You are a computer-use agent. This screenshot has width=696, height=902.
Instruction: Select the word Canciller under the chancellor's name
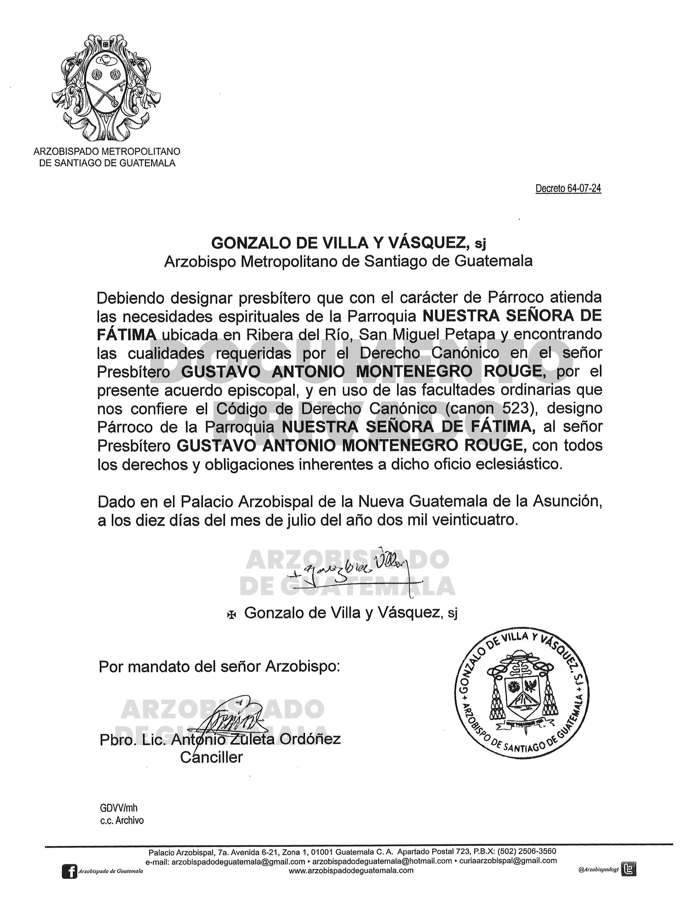(211, 758)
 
